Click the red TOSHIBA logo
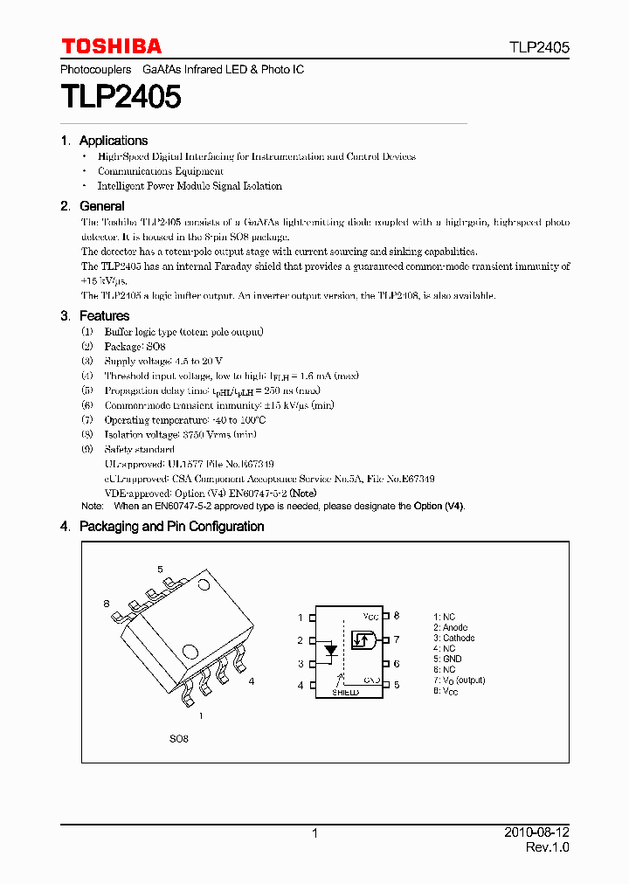point(111,46)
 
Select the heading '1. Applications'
point(104,141)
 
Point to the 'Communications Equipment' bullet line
point(160,171)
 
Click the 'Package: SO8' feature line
point(135,347)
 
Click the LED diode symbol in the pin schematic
point(330,650)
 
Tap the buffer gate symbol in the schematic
point(363,640)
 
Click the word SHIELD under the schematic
point(345,692)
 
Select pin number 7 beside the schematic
point(396,640)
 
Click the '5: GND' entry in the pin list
point(447,660)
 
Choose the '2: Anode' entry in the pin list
point(450,628)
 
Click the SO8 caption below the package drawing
point(178,738)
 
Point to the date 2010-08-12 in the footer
point(537,833)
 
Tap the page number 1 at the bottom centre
point(314,834)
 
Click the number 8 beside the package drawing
point(107,604)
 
